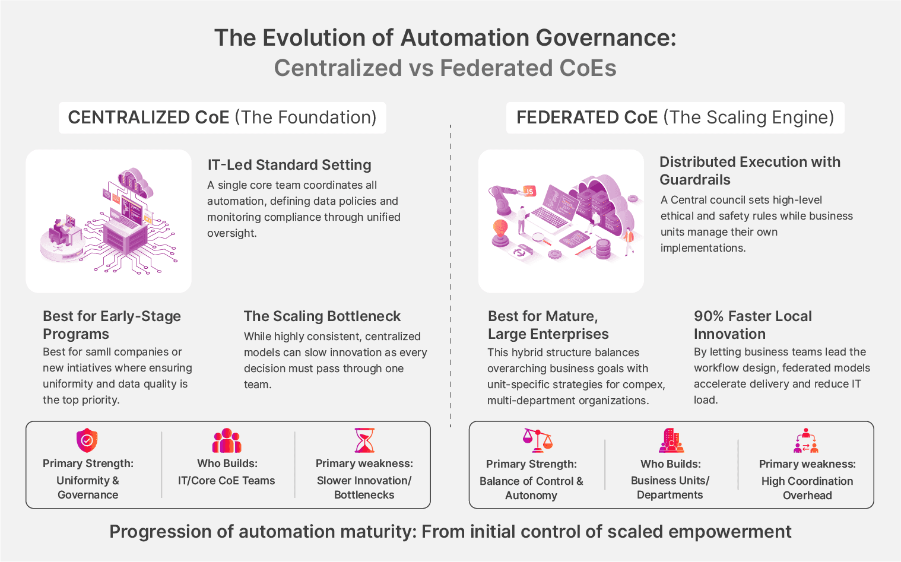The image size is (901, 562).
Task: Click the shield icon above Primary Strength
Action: click(x=87, y=440)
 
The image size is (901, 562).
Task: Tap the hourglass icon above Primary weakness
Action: click(x=364, y=440)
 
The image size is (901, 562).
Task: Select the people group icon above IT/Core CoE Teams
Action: click(x=227, y=440)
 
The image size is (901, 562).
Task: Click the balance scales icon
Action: click(x=537, y=440)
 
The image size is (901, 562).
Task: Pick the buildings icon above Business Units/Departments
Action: click(x=671, y=440)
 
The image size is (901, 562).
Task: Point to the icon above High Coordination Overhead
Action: click(x=806, y=440)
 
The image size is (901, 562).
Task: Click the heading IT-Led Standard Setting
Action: click(x=289, y=165)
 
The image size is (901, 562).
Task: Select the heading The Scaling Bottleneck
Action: click(x=322, y=316)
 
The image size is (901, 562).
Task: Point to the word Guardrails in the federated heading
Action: click(x=695, y=180)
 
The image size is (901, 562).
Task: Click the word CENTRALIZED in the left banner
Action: click(x=148, y=118)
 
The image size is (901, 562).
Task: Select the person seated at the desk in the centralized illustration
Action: click(x=59, y=228)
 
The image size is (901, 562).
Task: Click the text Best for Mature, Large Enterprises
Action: click(x=548, y=325)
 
